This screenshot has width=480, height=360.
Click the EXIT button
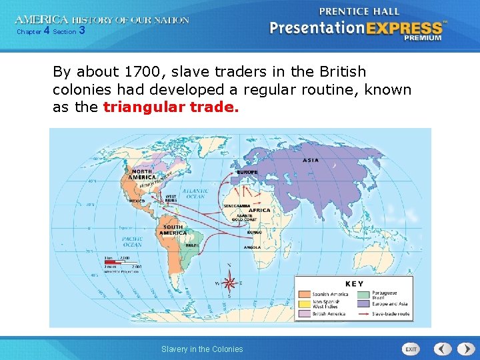tap(411, 349)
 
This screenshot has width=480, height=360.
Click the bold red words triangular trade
tap(171, 107)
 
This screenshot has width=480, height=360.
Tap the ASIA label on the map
tap(311, 160)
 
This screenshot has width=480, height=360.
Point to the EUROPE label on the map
tap(247, 171)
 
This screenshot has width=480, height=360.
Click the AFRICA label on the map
tap(259, 210)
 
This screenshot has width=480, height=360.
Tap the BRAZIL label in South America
tap(192, 245)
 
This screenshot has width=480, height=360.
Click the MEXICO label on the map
tap(137, 200)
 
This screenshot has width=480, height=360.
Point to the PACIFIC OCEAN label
tap(131, 241)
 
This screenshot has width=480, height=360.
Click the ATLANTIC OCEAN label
tap(196, 193)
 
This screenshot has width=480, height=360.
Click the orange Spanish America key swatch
tap(304, 293)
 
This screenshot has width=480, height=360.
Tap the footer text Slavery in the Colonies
tap(202, 349)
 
